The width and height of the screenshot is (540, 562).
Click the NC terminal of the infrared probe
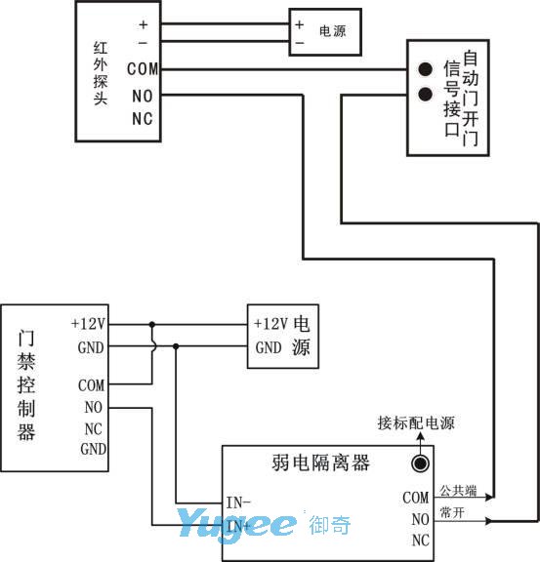(143, 119)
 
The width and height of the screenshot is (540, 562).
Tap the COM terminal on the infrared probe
(143, 69)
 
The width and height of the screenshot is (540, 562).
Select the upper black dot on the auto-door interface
(425, 69)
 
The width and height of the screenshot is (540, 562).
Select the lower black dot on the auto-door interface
(425, 94)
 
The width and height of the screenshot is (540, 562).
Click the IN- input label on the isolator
(238, 502)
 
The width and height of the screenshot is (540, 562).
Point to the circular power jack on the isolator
(420, 463)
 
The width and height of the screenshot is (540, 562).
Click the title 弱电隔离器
(320, 462)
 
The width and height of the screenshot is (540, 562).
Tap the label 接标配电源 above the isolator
(416, 422)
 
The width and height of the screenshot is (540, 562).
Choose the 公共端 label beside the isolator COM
(458, 491)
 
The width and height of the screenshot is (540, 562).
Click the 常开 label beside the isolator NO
(452, 512)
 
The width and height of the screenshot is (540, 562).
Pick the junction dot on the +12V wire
(152, 324)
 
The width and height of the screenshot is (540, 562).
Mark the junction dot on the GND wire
(176, 346)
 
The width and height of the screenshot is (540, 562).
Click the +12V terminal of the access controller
(88, 324)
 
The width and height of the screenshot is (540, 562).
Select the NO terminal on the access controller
(94, 407)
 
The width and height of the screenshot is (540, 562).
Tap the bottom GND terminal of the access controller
(94, 449)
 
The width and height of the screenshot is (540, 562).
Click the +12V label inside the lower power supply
(270, 324)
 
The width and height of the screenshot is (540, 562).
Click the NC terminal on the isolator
(421, 541)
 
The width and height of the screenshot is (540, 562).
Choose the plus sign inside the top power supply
(299, 24)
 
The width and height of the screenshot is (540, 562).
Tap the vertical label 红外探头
(101, 73)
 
